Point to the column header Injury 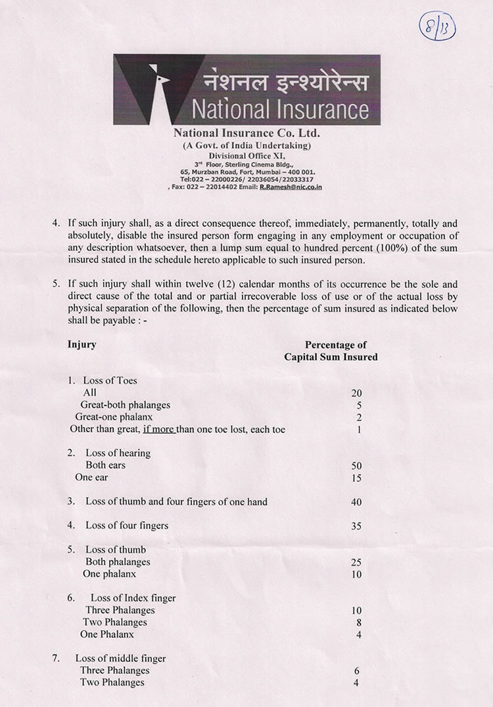[82, 344]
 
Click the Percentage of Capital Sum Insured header [331, 351]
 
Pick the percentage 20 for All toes [357, 393]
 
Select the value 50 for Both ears [357, 466]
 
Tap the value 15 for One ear [357, 478]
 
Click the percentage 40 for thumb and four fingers [357, 502]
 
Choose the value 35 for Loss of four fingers [357, 526]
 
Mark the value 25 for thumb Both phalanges [357, 562]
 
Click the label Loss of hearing [118, 453]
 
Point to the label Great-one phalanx [114, 417]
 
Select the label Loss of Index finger [133, 598]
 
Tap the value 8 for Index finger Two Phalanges [359, 622]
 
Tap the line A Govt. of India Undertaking [246, 145]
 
